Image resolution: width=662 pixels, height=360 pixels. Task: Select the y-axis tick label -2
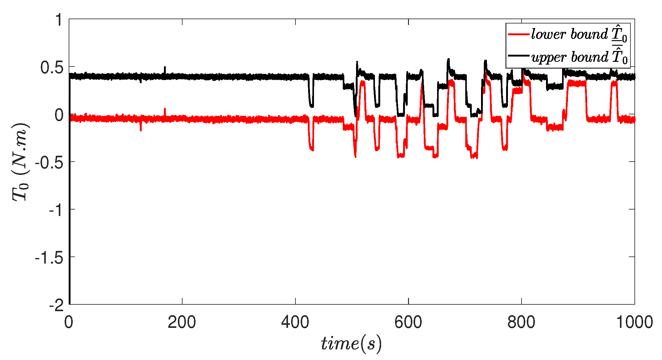tap(56, 306)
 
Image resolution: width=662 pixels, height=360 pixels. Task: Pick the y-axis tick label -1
tap(56, 210)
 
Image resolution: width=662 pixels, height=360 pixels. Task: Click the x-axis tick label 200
tap(182, 322)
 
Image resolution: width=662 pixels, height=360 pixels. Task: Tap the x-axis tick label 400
tap(295, 322)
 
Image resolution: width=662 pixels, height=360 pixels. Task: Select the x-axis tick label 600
tap(408, 322)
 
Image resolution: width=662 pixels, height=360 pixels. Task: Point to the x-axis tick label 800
tap(522, 322)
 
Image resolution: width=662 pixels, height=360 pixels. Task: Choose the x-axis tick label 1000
tap(634, 322)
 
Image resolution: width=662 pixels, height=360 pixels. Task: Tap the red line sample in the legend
tap(518, 34)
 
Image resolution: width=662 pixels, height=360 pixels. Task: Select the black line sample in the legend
tap(518, 56)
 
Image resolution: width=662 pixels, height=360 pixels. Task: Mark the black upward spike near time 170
tap(165, 69)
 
